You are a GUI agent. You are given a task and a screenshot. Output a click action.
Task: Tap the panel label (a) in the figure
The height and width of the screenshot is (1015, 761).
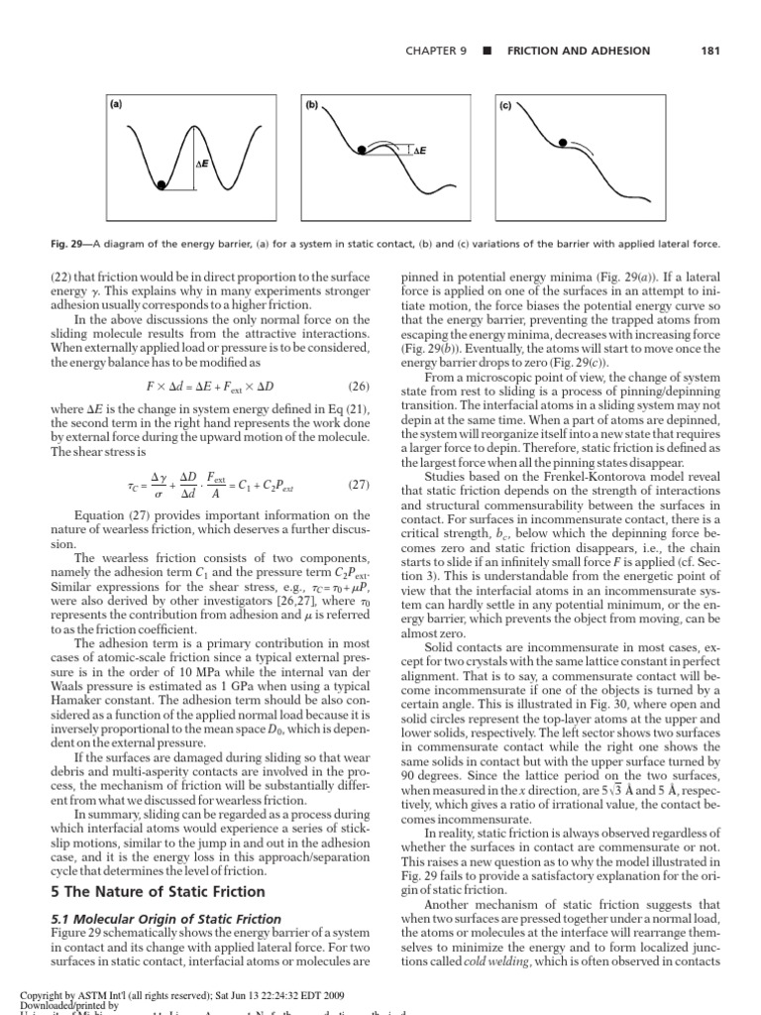(116, 103)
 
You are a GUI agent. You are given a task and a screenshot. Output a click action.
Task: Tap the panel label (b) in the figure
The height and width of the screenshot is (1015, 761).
(310, 103)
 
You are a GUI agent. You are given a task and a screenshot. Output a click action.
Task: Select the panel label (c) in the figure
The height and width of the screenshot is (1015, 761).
(504, 103)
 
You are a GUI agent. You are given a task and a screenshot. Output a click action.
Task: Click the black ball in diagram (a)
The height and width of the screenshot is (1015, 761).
(161, 183)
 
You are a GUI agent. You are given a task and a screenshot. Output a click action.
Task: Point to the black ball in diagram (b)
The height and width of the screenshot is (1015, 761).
(363, 150)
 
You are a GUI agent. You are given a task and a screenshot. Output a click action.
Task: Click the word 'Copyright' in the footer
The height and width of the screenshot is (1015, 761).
(43, 992)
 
